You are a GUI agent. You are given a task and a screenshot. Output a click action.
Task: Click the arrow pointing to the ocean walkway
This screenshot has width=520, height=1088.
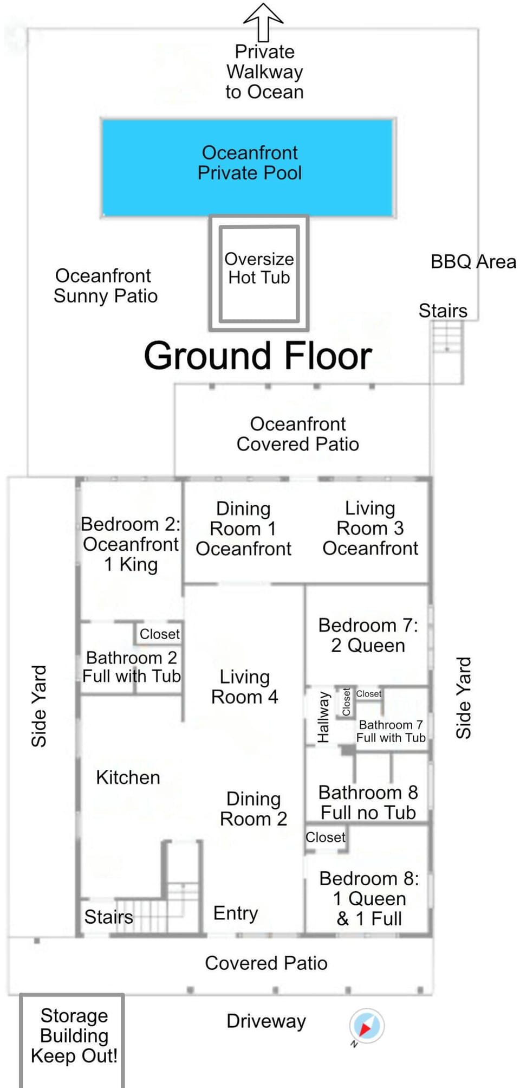[263, 22]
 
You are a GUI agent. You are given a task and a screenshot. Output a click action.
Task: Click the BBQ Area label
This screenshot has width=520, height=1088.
[473, 262]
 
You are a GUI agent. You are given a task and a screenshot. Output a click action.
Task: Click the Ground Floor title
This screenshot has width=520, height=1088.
[258, 356]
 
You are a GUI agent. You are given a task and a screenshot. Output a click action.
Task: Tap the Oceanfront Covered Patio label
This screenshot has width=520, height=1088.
[297, 434]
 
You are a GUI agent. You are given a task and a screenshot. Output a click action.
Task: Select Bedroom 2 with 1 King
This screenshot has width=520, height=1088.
[131, 544]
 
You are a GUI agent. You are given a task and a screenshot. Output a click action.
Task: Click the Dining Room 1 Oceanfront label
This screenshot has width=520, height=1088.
[243, 529]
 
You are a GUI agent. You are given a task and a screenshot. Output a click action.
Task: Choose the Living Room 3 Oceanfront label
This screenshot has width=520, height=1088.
[370, 528]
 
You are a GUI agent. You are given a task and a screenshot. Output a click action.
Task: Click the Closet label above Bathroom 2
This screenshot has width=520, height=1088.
[159, 634]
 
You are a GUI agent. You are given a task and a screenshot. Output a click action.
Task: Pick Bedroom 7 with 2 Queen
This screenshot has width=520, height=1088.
[368, 635]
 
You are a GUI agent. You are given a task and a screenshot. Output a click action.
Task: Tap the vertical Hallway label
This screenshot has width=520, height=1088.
[323, 717]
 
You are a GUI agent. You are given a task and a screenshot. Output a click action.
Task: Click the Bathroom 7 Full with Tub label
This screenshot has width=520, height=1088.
[391, 731]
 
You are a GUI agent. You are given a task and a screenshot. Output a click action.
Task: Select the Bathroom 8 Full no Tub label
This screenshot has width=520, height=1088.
[368, 802]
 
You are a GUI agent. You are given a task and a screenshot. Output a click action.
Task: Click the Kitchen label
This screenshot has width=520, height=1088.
[128, 777]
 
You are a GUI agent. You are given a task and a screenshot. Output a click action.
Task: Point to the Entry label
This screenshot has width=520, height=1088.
[236, 913]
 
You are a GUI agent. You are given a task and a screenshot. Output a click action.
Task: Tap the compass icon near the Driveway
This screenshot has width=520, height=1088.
[367, 1026]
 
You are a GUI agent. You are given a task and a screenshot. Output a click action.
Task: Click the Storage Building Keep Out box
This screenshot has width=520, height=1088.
[73, 1036]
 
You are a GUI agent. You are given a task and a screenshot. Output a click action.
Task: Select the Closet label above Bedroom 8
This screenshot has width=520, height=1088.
[325, 837]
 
